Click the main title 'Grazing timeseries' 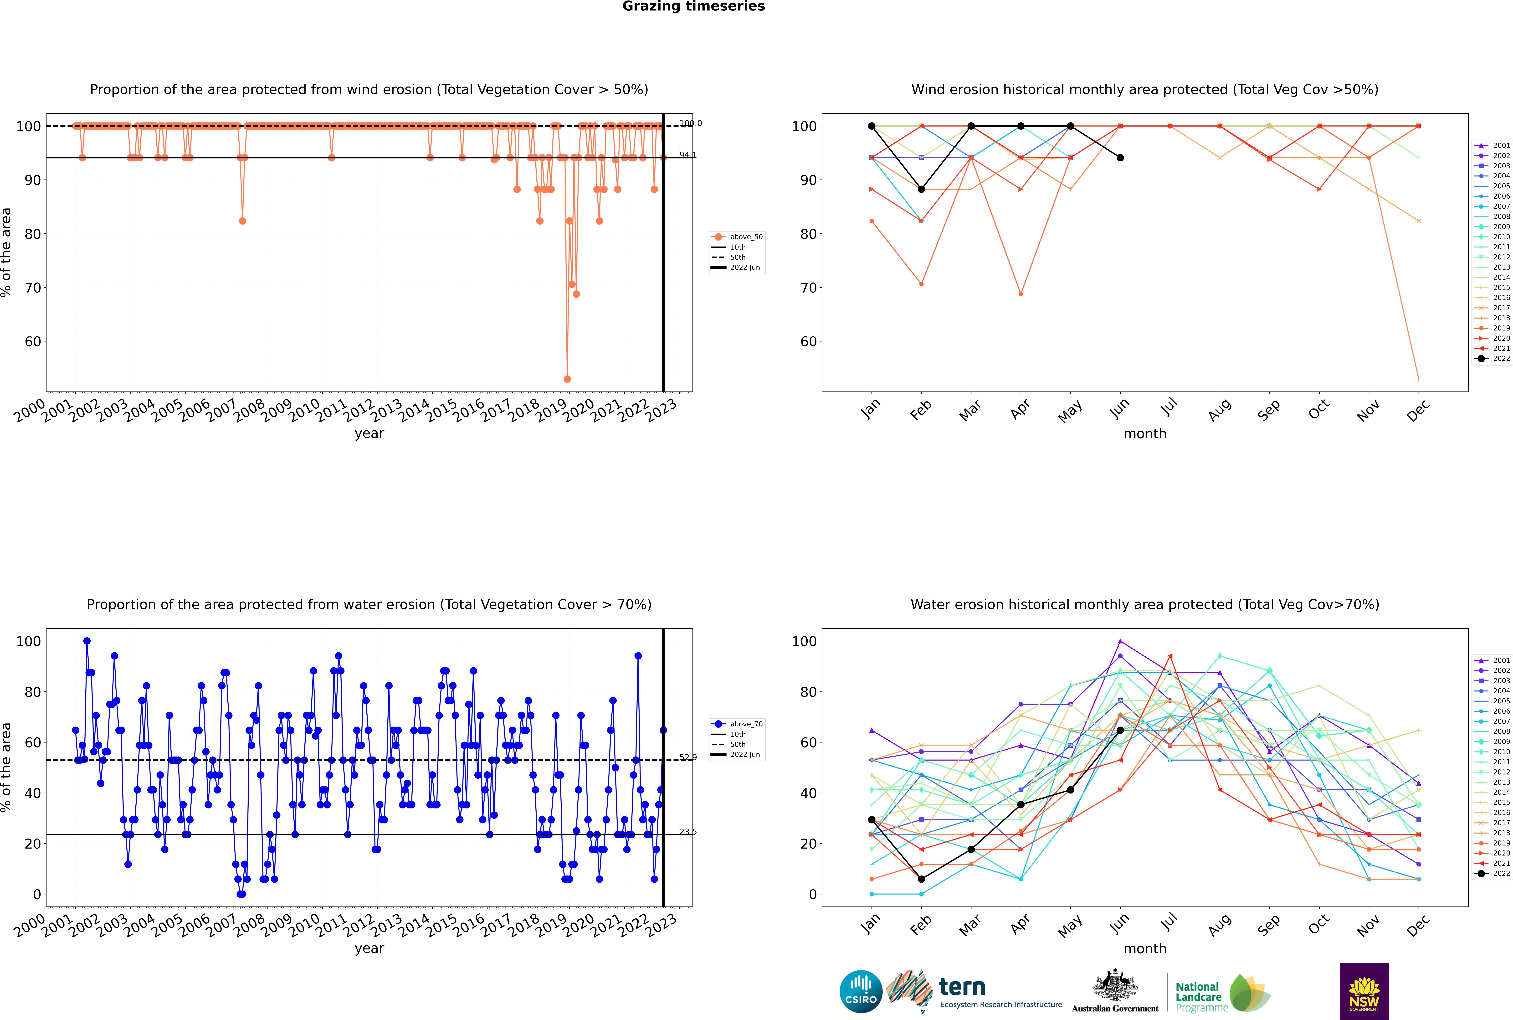(693, 6)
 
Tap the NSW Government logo (1364, 991)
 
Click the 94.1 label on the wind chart (687, 155)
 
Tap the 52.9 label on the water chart (687, 757)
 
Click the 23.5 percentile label (687, 831)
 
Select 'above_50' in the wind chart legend (746, 237)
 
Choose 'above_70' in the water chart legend (746, 724)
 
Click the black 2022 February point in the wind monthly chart (921, 189)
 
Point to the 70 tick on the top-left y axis (32, 288)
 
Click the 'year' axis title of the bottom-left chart (369, 948)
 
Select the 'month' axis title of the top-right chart (1145, 434)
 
